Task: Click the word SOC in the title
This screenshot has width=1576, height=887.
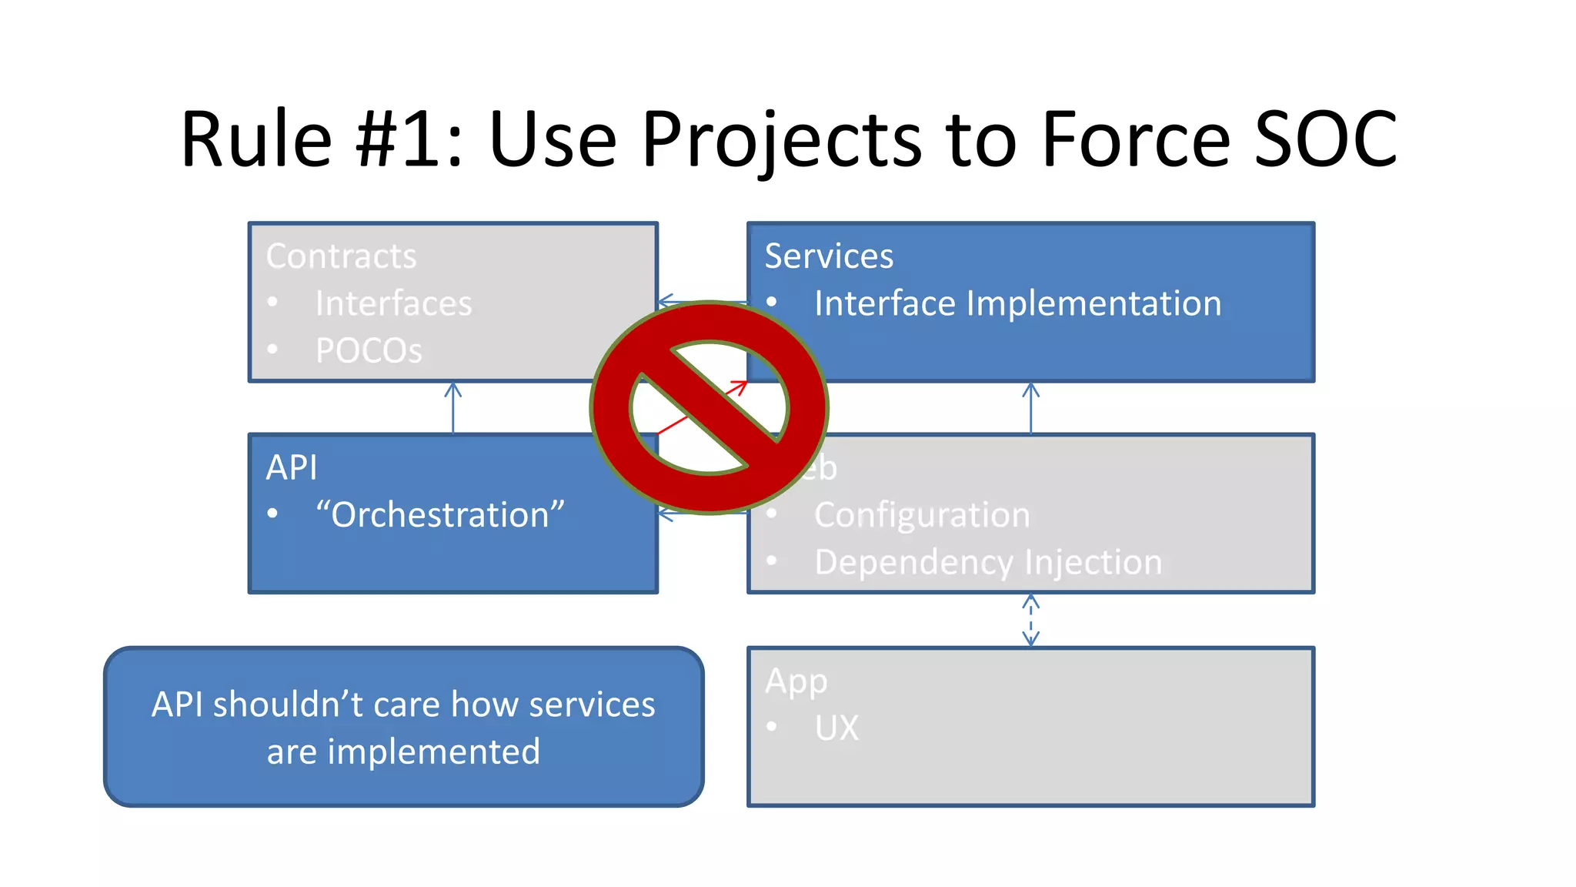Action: pos(1325,139)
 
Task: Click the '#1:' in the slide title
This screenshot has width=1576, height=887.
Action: pos(409,139)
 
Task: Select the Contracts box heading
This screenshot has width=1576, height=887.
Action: pos(341,256)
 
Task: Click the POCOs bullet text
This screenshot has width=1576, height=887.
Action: pos(369,351)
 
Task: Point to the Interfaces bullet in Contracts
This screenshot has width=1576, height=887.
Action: pos(393,303)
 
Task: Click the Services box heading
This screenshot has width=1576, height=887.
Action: pos(829,256)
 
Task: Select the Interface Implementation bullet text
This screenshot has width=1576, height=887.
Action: pos(1017,303)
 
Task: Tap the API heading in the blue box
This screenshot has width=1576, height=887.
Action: pos(292,467)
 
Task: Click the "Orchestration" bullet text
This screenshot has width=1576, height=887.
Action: pos(439,514)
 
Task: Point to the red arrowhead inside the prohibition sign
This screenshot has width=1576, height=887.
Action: pos(740,387)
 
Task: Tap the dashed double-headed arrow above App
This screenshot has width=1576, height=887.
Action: pos(1031,621)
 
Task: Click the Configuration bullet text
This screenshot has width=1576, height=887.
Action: pos(922,514)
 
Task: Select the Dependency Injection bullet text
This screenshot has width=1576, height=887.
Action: pos(988,562)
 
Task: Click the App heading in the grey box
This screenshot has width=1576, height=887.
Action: pos(796,681)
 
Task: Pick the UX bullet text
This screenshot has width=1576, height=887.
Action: pos(836,728)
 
